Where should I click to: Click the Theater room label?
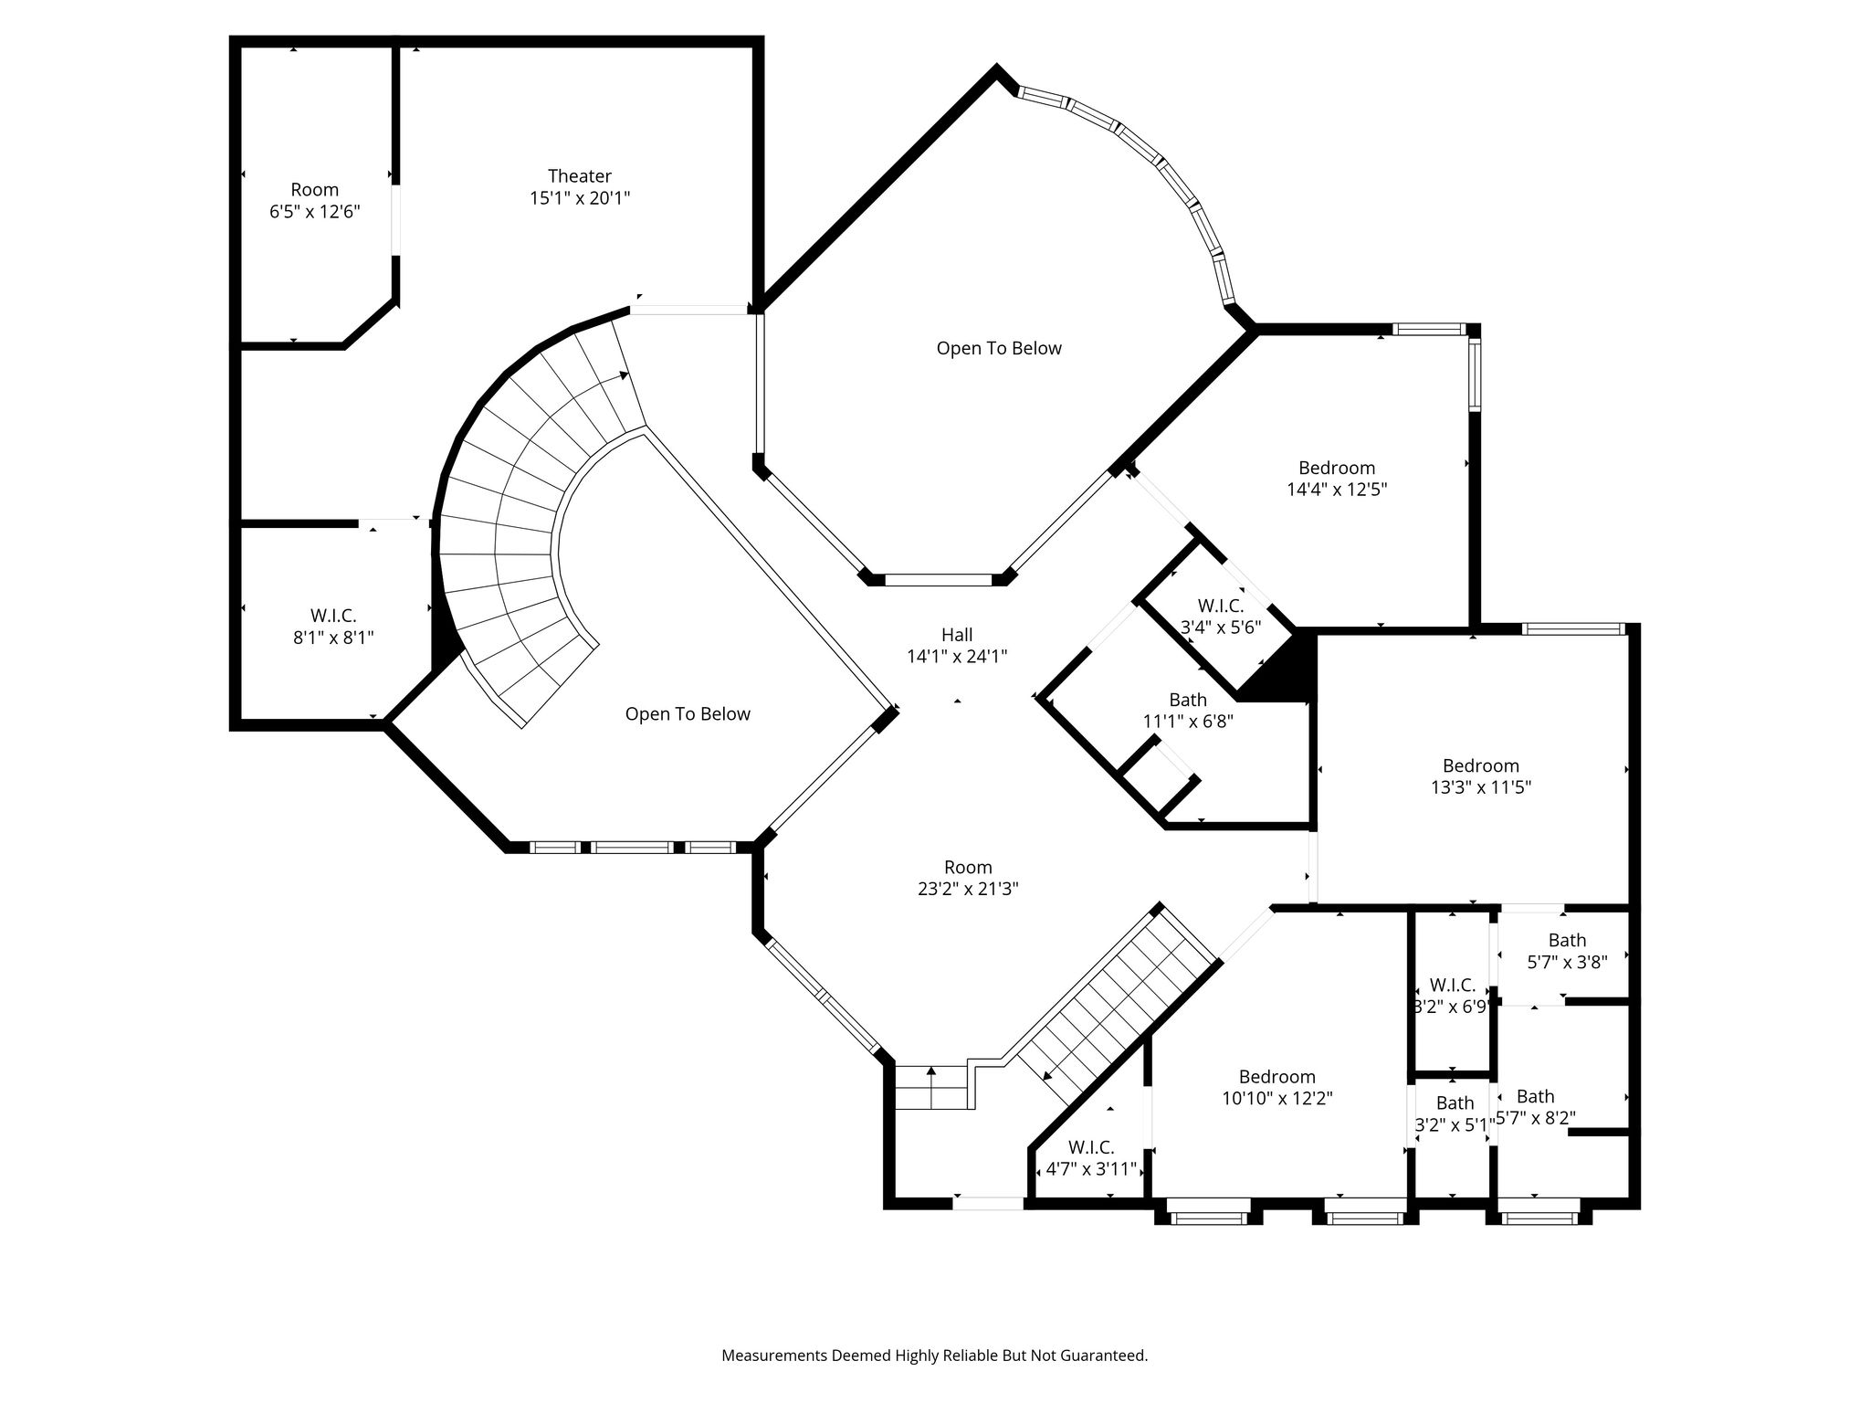(x=580, y=175)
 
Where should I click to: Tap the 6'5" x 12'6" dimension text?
(x=315, y=212)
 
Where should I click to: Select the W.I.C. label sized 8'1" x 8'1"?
(x=333, y=616)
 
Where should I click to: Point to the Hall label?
(x=957, y=634)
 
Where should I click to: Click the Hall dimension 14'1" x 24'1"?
(x=957, y=656)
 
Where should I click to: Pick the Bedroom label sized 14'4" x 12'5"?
(x=1337, y=469)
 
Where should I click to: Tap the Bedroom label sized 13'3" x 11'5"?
(x=1481, y=765)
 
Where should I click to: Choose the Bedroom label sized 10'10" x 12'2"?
(x=1277, y=1077)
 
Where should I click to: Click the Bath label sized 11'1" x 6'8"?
(x=1188, y=700)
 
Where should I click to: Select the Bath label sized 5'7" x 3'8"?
(x=1567, y=940)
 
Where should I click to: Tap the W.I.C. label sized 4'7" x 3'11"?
(x=1091, y=1146)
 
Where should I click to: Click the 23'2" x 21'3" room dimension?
(x=968, y=889)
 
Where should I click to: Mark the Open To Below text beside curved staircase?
(x=688, y=714)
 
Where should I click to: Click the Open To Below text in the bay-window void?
(x=999, y=348)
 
